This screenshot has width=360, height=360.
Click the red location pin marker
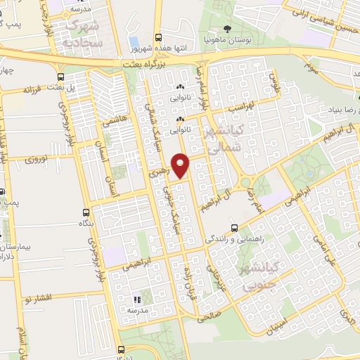click(181, 165)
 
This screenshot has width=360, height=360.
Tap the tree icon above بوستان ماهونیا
click(227, 29)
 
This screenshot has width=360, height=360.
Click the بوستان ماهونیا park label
click(227, 39)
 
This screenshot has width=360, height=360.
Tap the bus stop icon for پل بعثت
click(61, 77)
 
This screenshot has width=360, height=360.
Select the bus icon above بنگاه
click(86, 212)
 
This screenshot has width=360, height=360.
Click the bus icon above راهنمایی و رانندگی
click(236, 228)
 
